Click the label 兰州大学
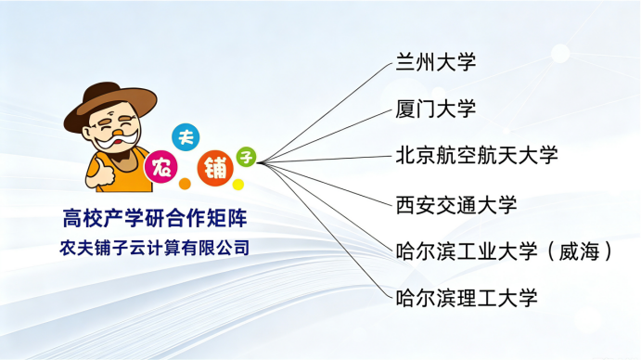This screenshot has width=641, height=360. (x=435, y=62)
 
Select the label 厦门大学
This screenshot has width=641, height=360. (x=435, y=109)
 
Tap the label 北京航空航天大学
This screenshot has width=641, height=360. (x=477, y=155)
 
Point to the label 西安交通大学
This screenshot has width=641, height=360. (x=455, y=204)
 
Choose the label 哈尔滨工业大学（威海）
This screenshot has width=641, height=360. (x=504, y=251)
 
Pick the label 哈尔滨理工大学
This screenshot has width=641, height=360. (x=466, y=298)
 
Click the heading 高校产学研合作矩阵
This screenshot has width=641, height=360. (x=155, y=218)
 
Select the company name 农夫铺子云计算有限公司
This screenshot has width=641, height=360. (x=155, y=248)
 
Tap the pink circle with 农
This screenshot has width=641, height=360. (x=161, y=167)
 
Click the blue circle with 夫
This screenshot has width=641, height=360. (x=186, y=137)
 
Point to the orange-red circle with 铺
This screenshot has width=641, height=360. (x=215, y=168)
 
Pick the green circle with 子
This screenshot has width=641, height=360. (x=246, y=157)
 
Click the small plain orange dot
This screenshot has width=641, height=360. (x=185, y=184)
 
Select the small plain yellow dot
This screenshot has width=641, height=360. (x=238, y=185)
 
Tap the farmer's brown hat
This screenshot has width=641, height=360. (x=109, y=103)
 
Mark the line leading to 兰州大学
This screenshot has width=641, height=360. (x=325, y=113)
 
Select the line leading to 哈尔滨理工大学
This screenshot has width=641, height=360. (x=325, y=231)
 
